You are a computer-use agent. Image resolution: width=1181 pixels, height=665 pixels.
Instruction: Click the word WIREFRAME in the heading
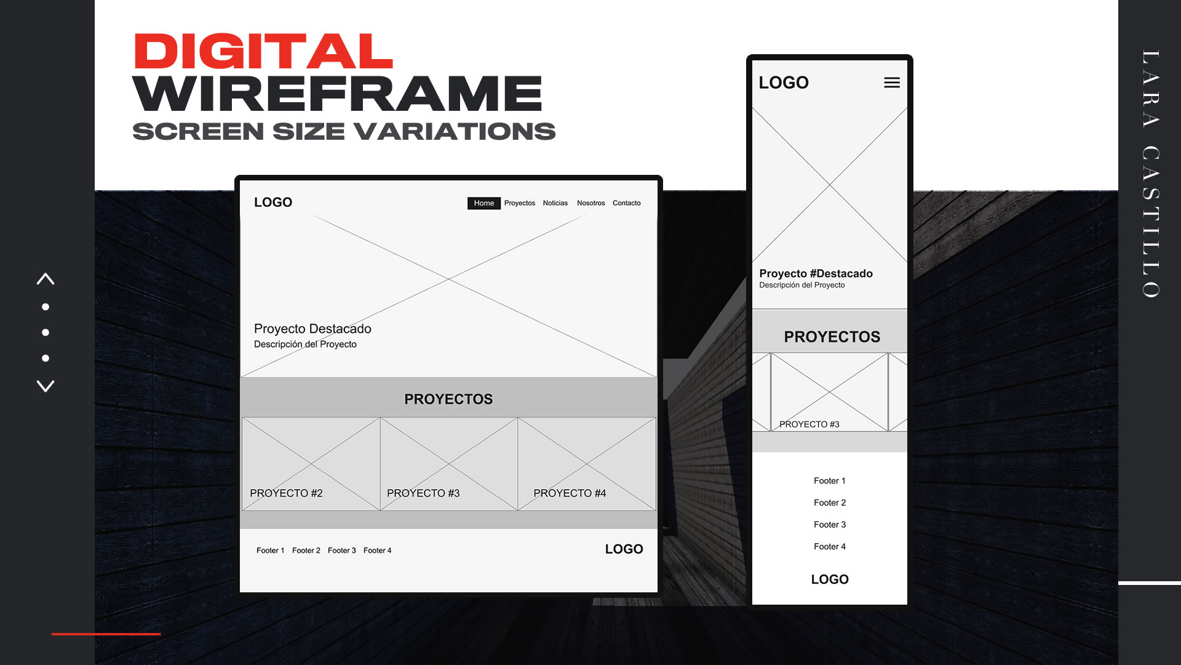pos(337,94)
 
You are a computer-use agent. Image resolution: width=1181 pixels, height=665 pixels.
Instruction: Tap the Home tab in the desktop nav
pos(483,203)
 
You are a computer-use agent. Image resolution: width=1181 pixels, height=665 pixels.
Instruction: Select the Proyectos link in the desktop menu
pos(519,203)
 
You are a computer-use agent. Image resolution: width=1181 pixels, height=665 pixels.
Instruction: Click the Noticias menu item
pos(555,203)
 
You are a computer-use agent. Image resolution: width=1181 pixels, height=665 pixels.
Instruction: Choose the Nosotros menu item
pos(590,203)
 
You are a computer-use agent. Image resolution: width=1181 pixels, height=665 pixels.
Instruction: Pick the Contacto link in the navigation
pos(626,203)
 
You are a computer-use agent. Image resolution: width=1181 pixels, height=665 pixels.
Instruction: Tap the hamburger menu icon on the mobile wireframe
pos(891,83)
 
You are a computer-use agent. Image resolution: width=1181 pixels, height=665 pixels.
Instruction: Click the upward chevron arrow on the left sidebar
pos(46,279)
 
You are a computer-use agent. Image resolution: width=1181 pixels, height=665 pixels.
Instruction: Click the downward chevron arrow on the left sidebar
pos(46,386)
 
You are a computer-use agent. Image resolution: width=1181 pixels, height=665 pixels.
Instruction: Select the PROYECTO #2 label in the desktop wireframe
pos(286,493)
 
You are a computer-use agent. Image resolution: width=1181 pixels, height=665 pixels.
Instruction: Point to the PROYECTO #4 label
pos(570,493)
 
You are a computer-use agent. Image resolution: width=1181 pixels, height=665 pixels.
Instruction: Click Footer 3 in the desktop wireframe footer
pos(341,550)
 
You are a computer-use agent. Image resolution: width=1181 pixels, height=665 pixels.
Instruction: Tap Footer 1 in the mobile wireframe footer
pos(829,481)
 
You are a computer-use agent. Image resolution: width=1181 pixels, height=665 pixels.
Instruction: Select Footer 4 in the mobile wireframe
pos(829,547)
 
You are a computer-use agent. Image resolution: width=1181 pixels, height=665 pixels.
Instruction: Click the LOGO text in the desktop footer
pos(624,549)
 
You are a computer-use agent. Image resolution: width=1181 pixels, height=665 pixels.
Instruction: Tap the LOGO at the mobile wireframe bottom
pos(829,579)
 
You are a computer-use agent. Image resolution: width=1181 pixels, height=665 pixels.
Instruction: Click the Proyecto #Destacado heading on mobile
pos(816,273)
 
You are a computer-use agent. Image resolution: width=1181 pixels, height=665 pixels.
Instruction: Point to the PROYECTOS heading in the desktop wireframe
pos(448,399)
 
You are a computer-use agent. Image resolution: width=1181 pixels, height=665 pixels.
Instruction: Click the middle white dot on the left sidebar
pos(46,332)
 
